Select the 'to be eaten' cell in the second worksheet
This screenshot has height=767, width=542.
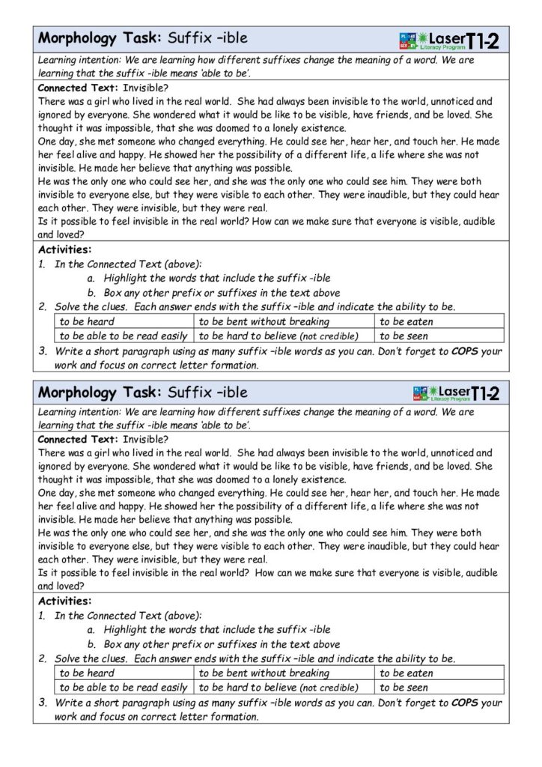tap(406, 673)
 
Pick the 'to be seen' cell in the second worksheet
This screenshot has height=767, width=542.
tap(404, 688)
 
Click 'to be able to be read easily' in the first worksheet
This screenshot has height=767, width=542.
tap(124, 336)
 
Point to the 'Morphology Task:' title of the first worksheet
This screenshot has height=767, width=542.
tap(100, 37)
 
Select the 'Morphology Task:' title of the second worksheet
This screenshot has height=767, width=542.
tap(100, 392)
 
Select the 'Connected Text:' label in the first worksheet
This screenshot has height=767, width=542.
tap(78, 88)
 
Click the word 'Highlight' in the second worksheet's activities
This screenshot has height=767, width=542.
tap(127, 630)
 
